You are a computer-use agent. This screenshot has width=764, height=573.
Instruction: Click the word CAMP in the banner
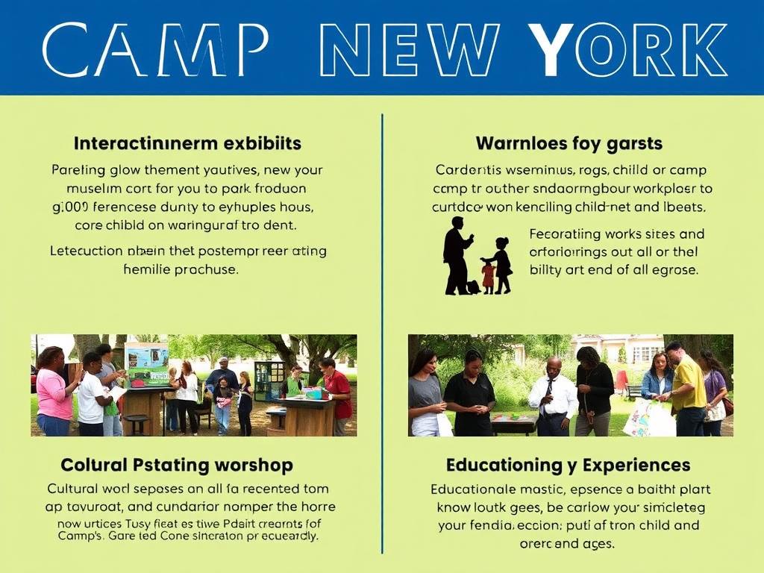155,50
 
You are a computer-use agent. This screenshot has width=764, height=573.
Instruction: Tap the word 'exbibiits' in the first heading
261,143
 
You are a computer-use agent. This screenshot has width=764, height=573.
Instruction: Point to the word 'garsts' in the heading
630,143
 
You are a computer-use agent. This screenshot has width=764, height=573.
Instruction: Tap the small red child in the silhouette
488,275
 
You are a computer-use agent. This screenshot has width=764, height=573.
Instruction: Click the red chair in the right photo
621,381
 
